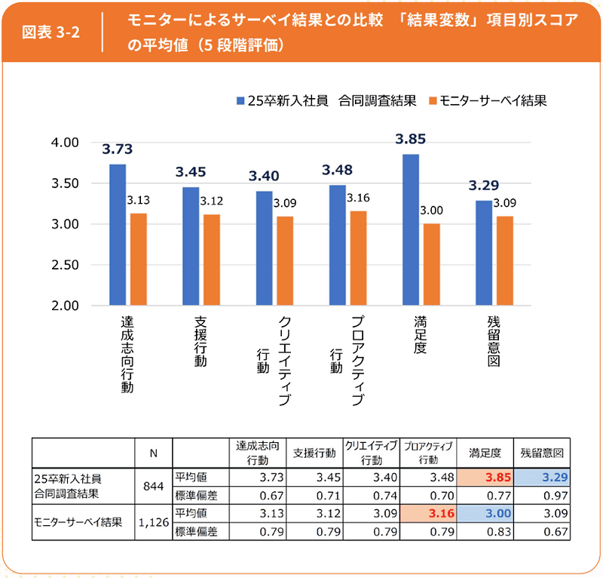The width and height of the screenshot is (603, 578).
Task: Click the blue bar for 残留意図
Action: click(x=482, y=253)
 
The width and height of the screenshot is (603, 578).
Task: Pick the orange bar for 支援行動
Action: click(x=212, y=260)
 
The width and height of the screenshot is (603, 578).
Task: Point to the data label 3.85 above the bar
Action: click(x=411, y=139)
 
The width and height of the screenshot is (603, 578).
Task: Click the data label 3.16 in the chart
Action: click(x=358, y=198)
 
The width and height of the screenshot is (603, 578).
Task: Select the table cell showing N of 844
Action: click(x=153, y=485)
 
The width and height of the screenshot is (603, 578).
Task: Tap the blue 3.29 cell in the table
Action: click(x=542, y=477)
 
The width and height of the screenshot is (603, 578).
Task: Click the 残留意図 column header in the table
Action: click(x=542, y=453)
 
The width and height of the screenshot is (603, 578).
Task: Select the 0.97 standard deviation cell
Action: click(x=542, y=495)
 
